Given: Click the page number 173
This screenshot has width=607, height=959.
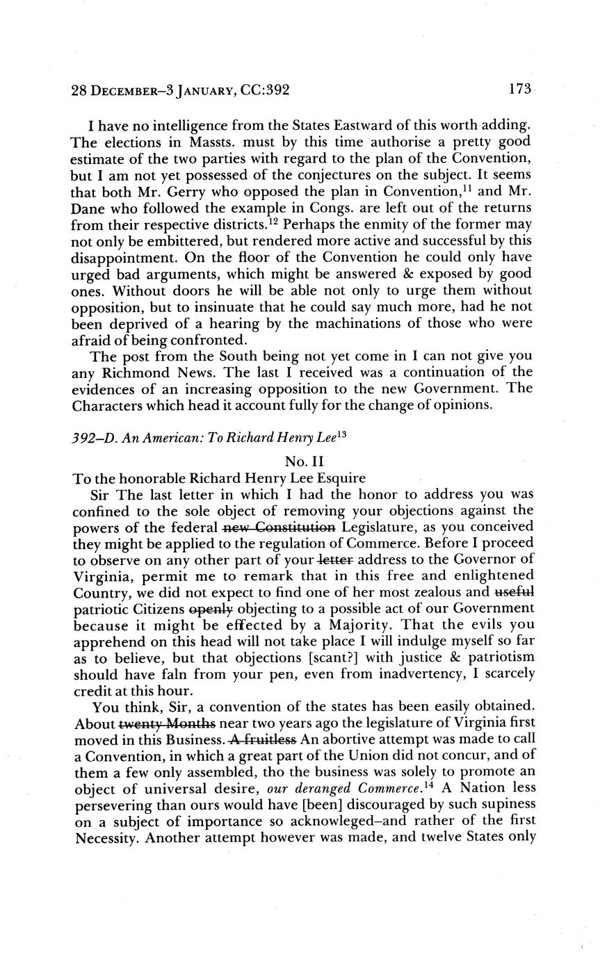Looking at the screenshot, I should tap(519, 89).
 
